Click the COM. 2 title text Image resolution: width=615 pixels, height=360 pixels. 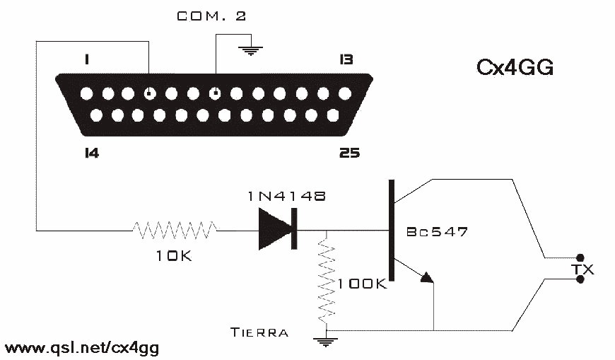click(x=211, y=16)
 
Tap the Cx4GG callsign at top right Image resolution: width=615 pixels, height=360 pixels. click(x=515, y=67)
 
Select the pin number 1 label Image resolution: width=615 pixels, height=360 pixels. click(x=87, y=59)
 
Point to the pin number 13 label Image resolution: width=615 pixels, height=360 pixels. click(x=346, y=59)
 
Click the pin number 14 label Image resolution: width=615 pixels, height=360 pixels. click(x=92, y=153)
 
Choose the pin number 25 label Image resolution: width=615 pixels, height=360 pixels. click(x=349, y=153)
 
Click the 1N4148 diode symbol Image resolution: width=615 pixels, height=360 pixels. click(x=278, y=229)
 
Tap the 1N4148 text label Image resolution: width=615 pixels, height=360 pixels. click(x=287, y=197)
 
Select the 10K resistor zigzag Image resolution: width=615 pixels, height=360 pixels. click(x=175, y=230)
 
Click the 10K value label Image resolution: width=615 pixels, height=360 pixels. click(x=174, y=256)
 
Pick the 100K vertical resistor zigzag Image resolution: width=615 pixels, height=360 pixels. click(x=327, y=280)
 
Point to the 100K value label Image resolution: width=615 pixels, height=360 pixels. click(x=362, y=284)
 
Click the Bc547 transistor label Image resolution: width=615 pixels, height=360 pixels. click(x=437, y=231)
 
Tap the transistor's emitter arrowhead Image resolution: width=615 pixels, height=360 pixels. click(x=427, y=278)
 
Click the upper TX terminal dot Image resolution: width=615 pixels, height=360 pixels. click(x=580, y=258)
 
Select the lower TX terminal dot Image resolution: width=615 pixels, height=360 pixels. click(x=580, y=279)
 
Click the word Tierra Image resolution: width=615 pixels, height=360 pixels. click(x=259, y=332)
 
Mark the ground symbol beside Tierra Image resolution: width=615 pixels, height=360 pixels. click(x=325, y=342)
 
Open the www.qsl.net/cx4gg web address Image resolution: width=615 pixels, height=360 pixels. click(x=82, y=348)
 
